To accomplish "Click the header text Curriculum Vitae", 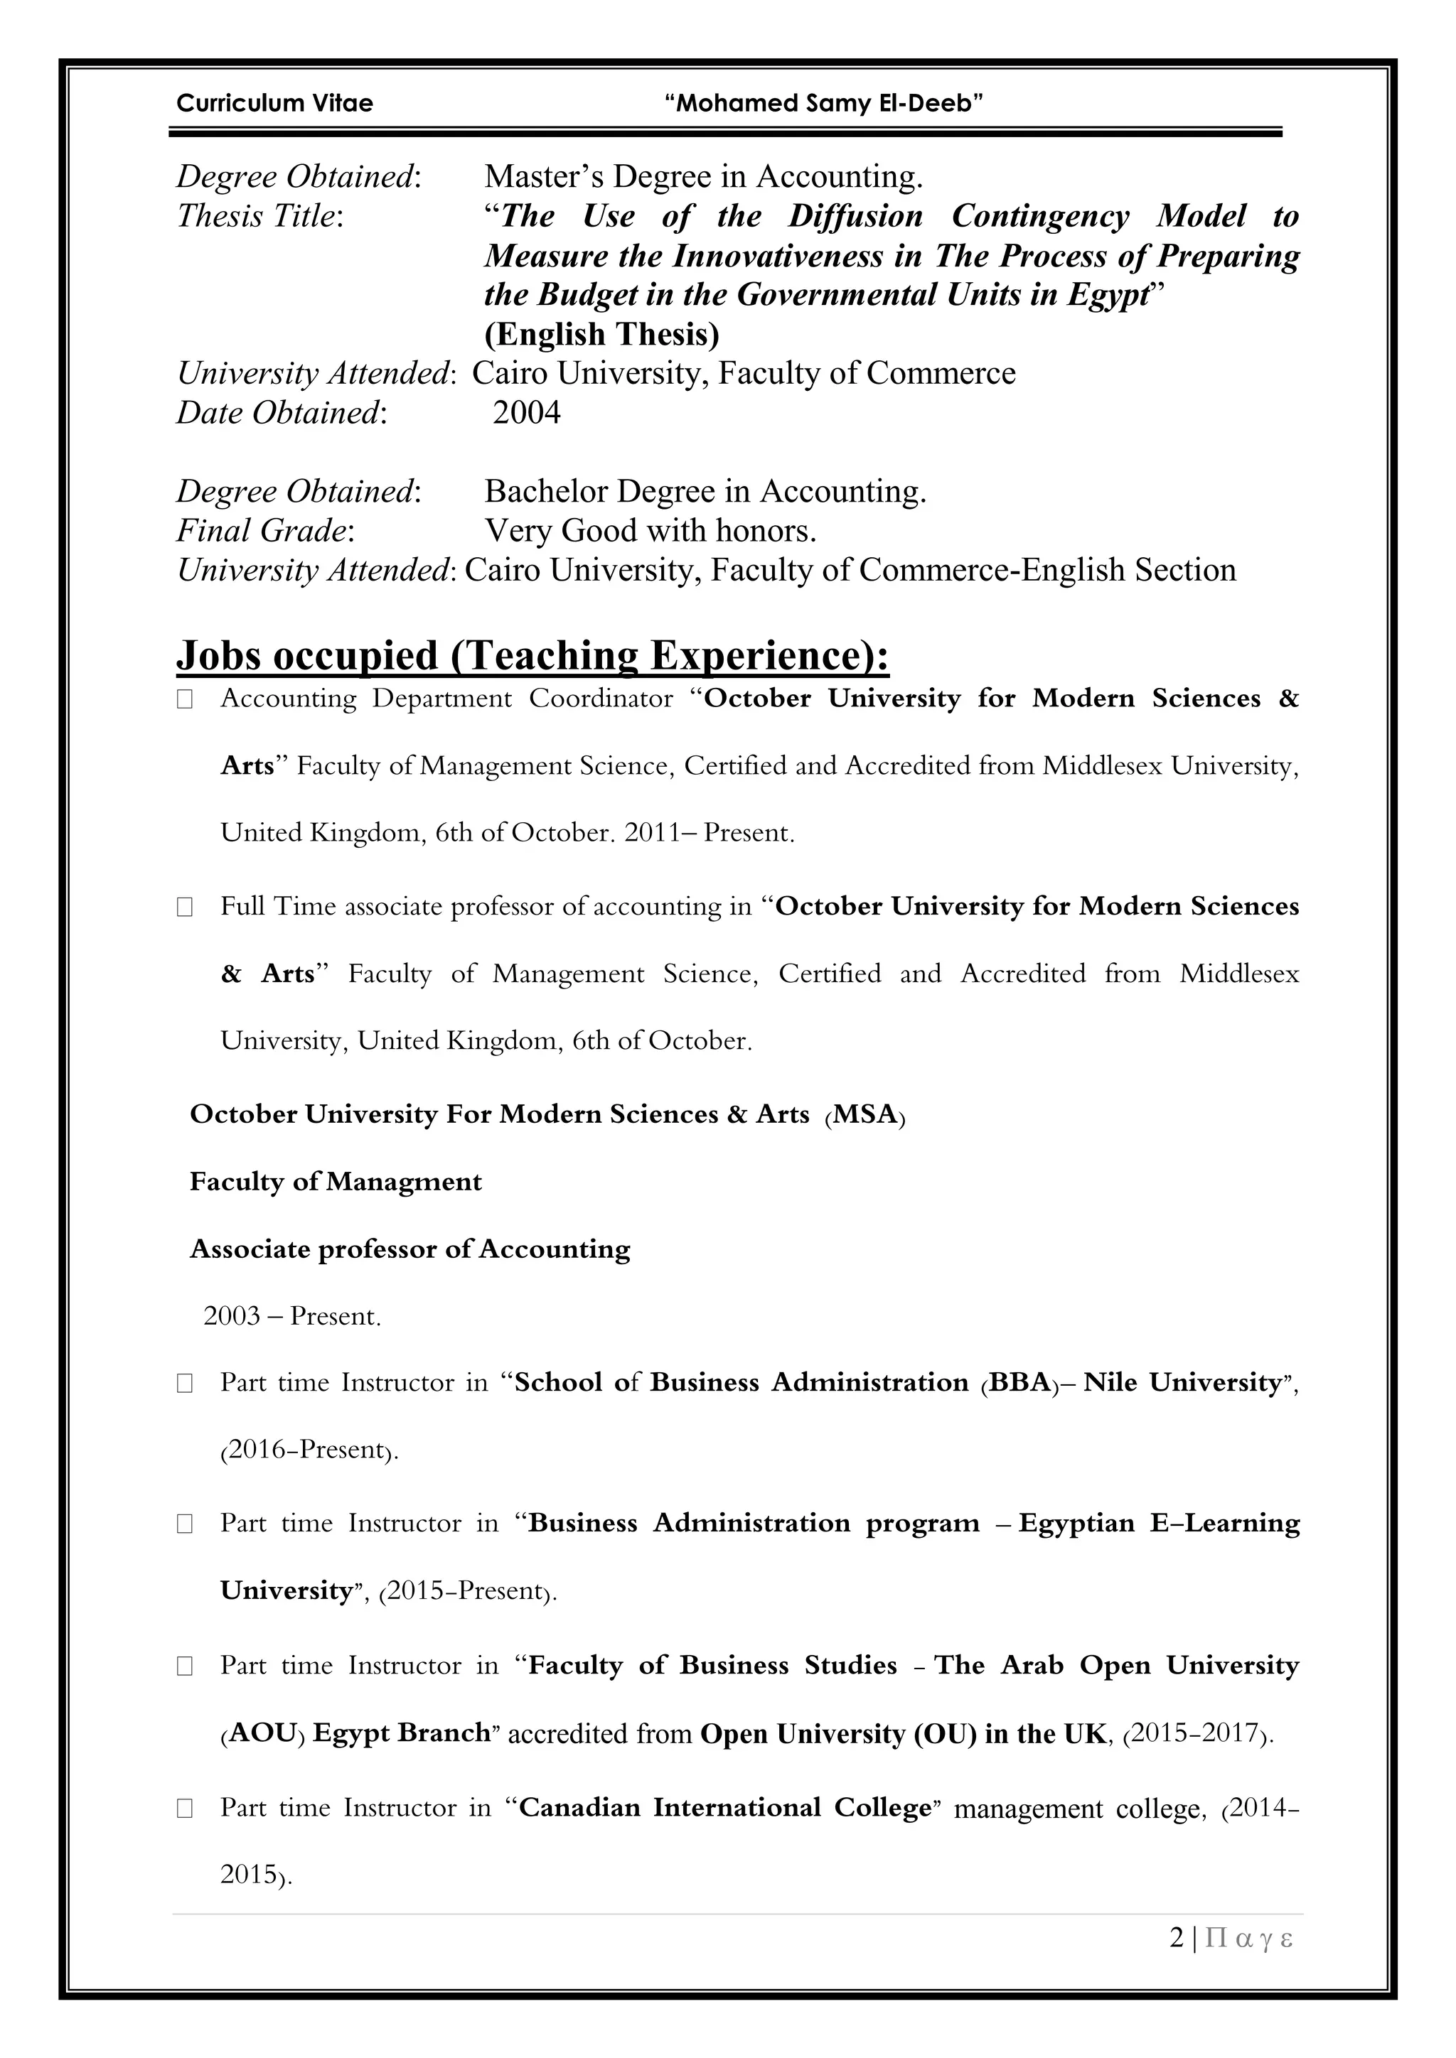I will [274, 104].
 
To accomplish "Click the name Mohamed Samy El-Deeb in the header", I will [824, 104].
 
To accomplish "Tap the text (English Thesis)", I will [601, 334].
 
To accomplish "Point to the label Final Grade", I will [264, 531].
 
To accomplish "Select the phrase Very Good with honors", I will [650, 531].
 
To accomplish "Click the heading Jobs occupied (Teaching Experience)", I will [532, 655].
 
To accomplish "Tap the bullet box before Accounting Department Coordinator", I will [185, 700].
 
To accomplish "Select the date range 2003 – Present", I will [291, 1316].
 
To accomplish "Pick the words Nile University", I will [1182, 1382].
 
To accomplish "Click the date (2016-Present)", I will [309, 1450].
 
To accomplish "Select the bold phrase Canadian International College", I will [726, 1807].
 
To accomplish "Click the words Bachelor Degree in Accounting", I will [705, 491].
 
